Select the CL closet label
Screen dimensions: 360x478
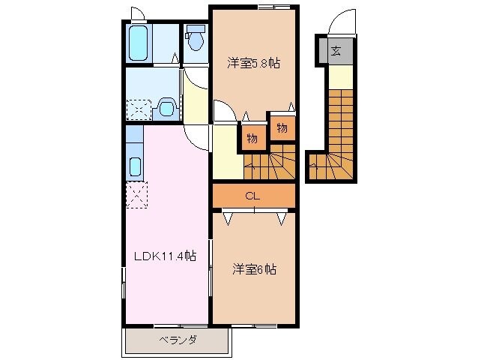253,196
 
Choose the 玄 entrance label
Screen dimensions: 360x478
336,51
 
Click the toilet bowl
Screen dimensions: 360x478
196,39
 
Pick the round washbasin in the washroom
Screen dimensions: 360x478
167,109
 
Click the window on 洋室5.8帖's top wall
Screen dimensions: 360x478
273,7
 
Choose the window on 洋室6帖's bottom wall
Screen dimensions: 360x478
255,325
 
